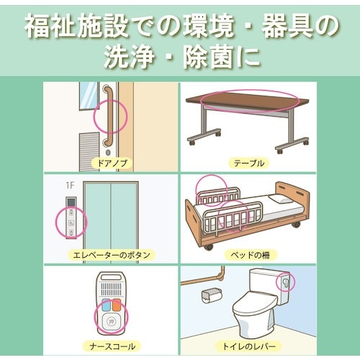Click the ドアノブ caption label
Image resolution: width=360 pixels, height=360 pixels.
[x=110, y=163]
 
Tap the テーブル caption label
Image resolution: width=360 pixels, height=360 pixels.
[x=249, y=163]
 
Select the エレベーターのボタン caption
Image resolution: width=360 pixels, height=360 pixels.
[x=110, y=255]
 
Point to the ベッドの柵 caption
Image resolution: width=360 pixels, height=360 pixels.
[x=249, y=255]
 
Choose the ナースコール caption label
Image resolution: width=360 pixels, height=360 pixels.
[x=110, y=346]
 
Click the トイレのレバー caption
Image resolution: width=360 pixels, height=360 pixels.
[x=249, y=346]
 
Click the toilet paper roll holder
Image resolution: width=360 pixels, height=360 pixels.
[x=212, y=295]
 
